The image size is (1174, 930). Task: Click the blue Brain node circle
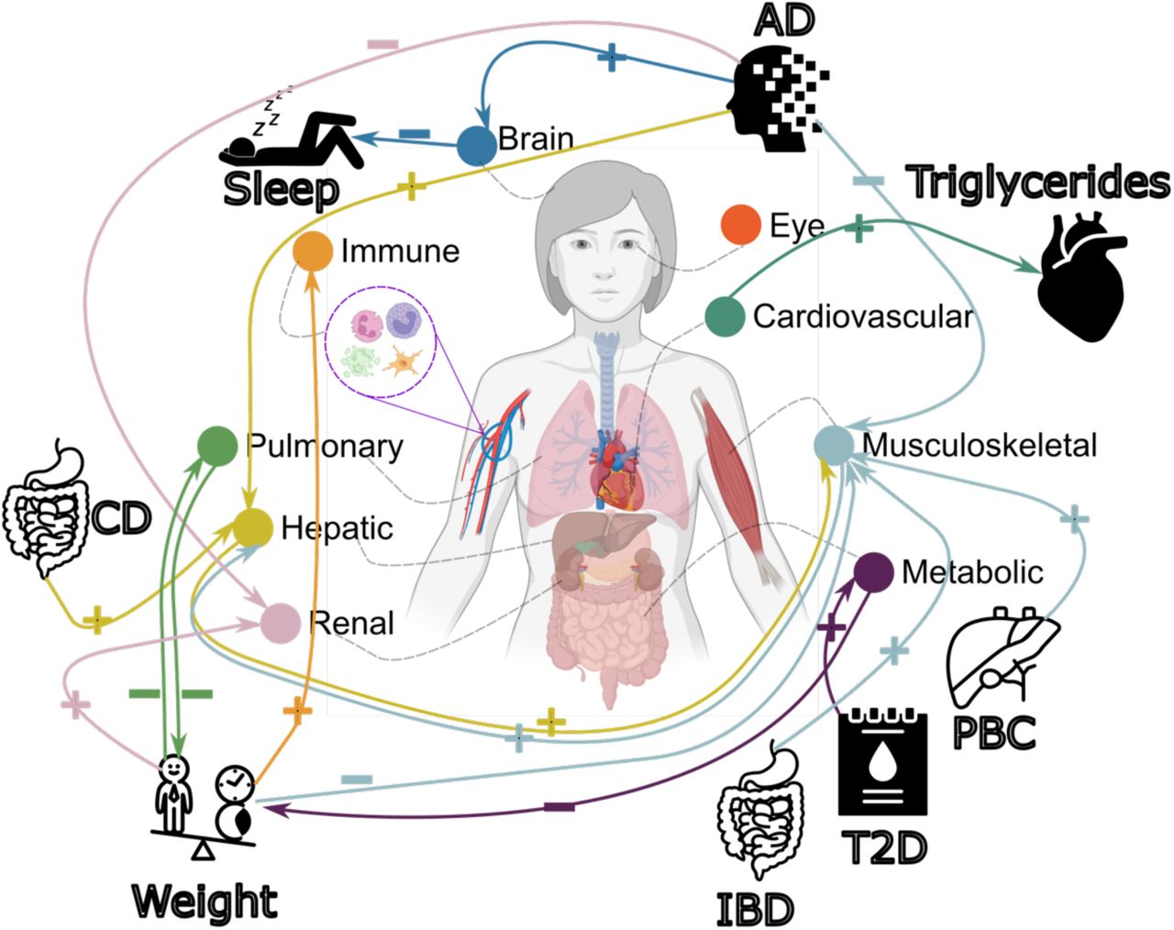[x=477, y=146]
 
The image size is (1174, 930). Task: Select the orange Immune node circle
[x=313, y=251]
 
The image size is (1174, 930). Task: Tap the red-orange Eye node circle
[x=740, y=224]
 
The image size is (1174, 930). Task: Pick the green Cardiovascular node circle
[x=725, y=316]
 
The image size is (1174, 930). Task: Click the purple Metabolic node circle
[x=873, y=572]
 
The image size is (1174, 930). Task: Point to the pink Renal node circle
[x=281, y=624]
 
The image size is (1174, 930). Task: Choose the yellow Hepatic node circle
[x=253, y=527]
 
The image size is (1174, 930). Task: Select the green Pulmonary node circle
[x=217, y=446]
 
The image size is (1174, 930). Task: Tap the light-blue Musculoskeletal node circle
[x=834, y=446]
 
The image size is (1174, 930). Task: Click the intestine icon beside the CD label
[x=47, y=507]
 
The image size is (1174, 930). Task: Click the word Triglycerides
[x=1037, y=183]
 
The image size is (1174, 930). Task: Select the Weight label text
[x=205, y=902]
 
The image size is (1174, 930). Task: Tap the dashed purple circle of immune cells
[x=381, y=341]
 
